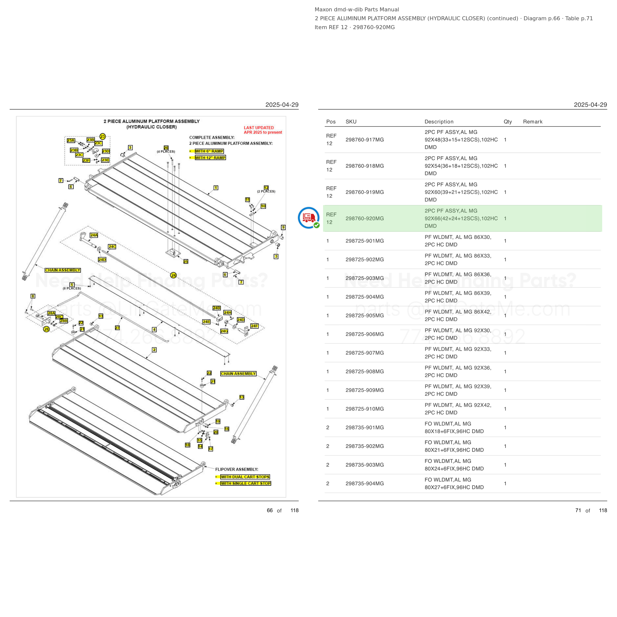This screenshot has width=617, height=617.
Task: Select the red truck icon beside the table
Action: point(308,218)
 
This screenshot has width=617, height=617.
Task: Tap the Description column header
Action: point(439,122)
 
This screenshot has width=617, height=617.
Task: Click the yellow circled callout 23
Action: point(102,136)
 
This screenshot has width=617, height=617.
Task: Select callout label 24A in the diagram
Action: point(94,235)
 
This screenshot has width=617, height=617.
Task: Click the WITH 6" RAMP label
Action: point(209,151)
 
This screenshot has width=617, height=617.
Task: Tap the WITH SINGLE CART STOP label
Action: point(246,483)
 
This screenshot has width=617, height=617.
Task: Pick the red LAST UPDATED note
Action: point(263,130)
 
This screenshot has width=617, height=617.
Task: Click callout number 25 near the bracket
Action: point(186,262)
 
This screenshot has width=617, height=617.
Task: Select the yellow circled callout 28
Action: point(47,329)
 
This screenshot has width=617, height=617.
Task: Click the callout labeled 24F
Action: point(254,326)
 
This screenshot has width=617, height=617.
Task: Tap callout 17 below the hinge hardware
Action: point(211,449)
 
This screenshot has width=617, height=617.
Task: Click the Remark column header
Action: point(533,122)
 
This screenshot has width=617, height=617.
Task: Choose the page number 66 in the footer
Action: point(270,510)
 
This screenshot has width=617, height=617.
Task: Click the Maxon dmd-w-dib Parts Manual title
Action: point(357,10)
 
